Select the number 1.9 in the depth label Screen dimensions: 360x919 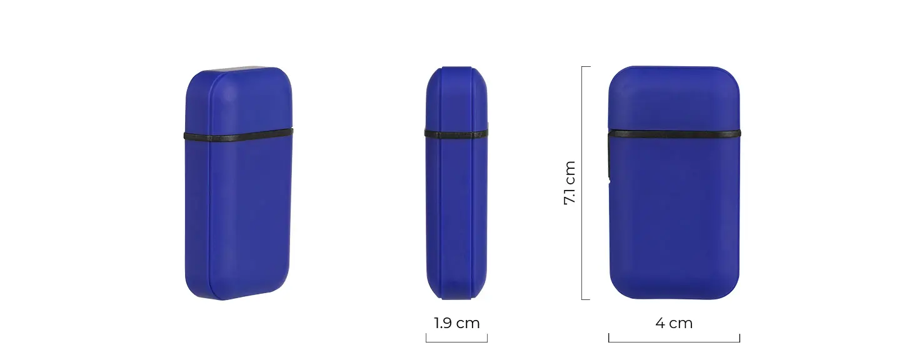tap(444, 323)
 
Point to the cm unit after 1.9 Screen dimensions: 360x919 tap(468, 323)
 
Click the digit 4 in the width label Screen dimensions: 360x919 tap(660, 323)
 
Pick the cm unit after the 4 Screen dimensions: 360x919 tap(682, 323)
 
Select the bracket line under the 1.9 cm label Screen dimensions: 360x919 tap(456, 342)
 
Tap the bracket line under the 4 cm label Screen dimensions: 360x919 tap(674, 342)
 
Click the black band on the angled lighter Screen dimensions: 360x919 tap(238, 135)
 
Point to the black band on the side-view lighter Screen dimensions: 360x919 tap(456, 133)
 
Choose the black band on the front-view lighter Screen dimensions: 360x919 tap(674, 133)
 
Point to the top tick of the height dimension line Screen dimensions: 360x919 tap(586, 67)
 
